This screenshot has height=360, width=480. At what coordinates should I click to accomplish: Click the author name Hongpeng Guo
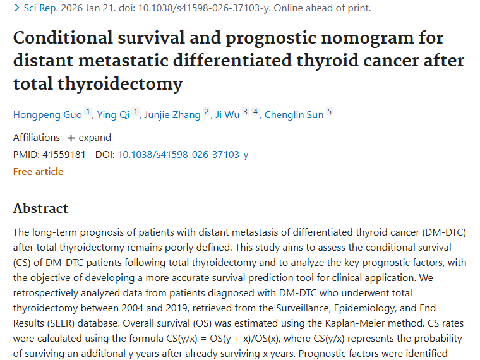48,114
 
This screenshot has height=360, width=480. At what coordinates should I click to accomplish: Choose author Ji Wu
227,114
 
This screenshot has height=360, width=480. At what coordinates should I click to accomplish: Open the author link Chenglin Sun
294,114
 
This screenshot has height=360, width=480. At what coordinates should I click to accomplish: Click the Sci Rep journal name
39,8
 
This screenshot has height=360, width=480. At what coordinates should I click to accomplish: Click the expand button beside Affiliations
89,138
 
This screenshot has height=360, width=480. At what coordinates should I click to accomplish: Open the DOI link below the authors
183,154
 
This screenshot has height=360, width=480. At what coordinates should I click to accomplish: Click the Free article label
39,171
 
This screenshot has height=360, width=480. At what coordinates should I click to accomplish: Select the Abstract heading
40,208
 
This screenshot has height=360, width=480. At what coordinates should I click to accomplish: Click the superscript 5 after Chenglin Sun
329,112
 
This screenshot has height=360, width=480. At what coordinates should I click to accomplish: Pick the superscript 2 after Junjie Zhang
206,112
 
